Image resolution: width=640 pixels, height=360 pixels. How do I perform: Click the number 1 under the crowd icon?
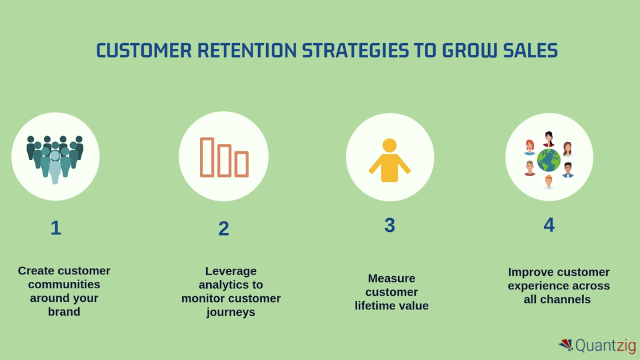coord(56,228)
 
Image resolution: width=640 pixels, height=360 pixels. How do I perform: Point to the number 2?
coord(224,229)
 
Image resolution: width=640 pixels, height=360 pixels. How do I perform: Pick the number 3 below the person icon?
coord(389,226)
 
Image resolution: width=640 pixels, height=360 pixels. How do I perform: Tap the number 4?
coord(549,225)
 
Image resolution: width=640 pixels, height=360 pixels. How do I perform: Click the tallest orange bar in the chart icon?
coord(207,156)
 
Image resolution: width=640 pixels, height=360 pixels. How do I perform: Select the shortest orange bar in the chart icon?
coord(242,164)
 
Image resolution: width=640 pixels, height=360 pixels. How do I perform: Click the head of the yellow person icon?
coord(389,146)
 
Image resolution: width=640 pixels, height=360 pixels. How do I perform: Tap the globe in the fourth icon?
coord(549,160)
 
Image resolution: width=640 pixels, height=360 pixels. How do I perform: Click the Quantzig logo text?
coord(604,346)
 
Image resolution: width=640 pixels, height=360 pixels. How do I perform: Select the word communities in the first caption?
coord(64,284)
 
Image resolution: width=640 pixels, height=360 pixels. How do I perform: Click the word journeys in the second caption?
coord(231,312)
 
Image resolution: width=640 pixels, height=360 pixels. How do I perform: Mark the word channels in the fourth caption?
coord(565,299)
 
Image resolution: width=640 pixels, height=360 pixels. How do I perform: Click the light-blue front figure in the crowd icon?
coord(55,166)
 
